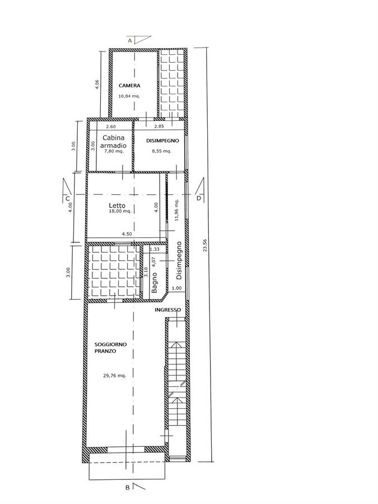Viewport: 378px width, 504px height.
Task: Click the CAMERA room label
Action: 129,86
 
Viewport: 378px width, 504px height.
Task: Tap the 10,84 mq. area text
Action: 129,96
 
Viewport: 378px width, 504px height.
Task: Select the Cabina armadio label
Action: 114,142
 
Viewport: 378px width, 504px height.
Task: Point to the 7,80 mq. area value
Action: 114,151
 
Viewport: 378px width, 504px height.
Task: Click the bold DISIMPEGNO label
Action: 162,141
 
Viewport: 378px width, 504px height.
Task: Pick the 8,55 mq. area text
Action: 162,151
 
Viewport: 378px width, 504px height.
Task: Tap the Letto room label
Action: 117,206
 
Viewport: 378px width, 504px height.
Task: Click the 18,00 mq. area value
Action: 120,211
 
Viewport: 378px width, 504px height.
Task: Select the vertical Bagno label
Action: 155,283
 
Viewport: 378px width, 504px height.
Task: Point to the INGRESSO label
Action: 168,310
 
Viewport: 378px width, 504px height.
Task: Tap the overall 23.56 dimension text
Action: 205,246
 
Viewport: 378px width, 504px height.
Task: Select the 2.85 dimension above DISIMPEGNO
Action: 159,127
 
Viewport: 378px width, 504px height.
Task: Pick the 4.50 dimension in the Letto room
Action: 127,234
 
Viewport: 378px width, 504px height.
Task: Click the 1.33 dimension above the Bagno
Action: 155,249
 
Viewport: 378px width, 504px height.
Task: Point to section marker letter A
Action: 130,41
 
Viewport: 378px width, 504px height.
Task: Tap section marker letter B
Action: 128,497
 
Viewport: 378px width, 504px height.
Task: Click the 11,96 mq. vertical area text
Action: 176,209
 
